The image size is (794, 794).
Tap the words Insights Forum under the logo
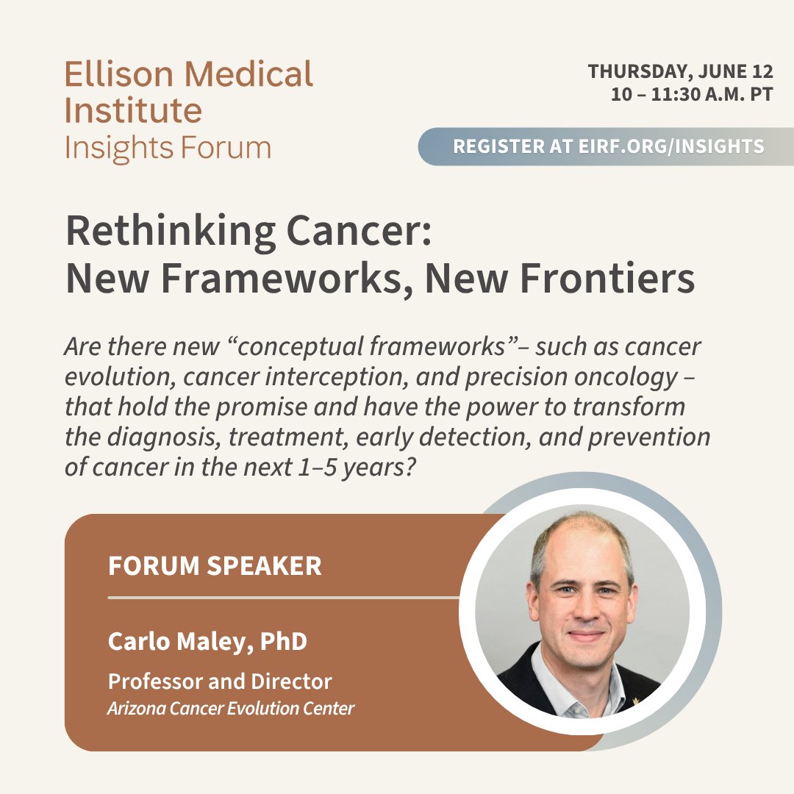click(x=168, y=148)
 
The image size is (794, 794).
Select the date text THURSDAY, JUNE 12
click(x=680, y=72)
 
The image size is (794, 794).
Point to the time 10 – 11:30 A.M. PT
click(x=691, y=95)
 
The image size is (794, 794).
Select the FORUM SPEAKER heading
click(x=215, y=566)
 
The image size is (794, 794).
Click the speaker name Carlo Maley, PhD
click(x=207, y=641)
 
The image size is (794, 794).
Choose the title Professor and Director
click(x=220, y=682)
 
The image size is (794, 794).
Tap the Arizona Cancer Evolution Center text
click(x=231, y=709)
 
